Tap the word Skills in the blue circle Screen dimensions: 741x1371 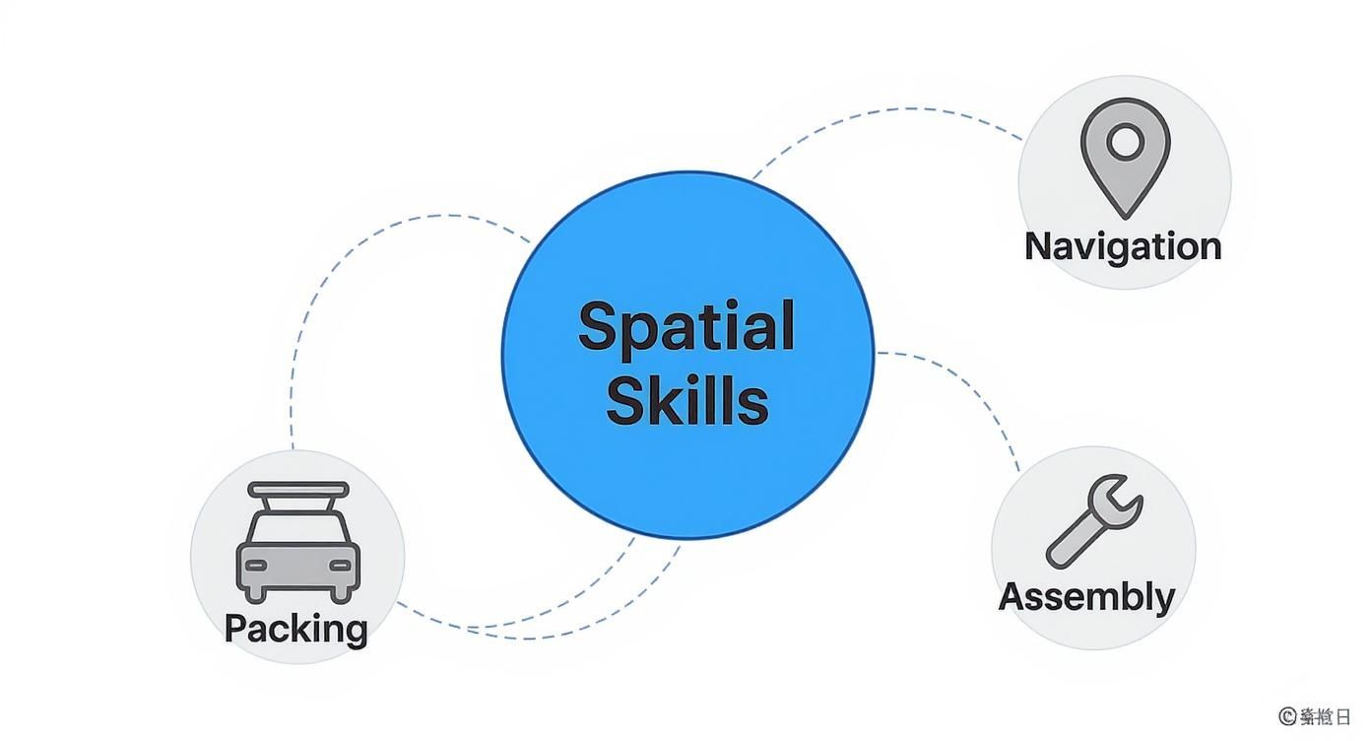point(686,401)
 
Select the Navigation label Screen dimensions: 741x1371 point(1123,245)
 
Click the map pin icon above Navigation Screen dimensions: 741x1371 point(1125,158)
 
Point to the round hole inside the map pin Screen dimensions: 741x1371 point(1125,143)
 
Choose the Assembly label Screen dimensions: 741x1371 point(1086,596)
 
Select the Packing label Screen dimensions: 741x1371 point(295,628)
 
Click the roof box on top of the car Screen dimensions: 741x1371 point(298,490)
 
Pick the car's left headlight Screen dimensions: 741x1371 point(256,565)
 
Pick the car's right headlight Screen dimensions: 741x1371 point(340,565)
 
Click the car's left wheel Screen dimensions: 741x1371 point(254,593)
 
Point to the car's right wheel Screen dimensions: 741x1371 point(343,593)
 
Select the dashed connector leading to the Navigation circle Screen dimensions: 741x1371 point(886,110)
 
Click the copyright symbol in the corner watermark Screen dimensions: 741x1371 point(1286,716)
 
